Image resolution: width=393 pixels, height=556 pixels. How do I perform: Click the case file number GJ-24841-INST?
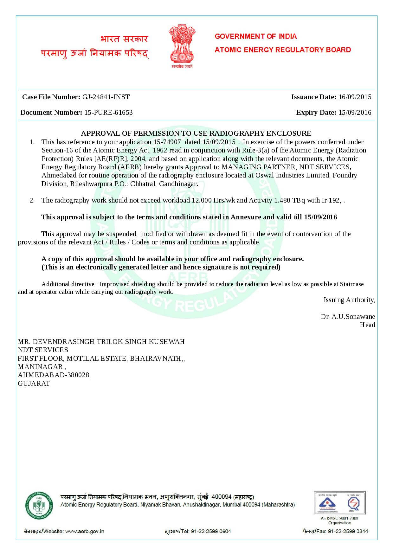coord(106,97)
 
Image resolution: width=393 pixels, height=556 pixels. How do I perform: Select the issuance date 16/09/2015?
coord(355,97)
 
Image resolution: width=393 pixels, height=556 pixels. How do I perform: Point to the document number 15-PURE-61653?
coord(108,113)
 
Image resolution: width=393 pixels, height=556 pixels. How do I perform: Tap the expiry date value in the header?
coord(355,113)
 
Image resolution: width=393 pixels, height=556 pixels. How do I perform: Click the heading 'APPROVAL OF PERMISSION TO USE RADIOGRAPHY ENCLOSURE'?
coord(196,133)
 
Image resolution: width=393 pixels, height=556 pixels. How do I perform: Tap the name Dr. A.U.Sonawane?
coord(348,316)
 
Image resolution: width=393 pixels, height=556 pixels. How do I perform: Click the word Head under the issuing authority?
coord(367,325)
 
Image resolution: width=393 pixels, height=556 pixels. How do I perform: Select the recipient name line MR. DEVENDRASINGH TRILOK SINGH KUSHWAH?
coord(101,341)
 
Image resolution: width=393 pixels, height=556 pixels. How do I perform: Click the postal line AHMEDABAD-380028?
coord(54,375)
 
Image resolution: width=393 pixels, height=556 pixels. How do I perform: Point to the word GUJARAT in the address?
coord(34,383)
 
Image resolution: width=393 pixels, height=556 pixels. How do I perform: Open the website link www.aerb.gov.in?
coord(85,531)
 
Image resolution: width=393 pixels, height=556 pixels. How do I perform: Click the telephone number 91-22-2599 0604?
coord(211,531)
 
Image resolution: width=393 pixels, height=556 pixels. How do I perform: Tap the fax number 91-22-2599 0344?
coord(348,531)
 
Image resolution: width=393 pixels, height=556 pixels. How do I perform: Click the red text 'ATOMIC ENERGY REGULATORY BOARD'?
coord(283,50)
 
